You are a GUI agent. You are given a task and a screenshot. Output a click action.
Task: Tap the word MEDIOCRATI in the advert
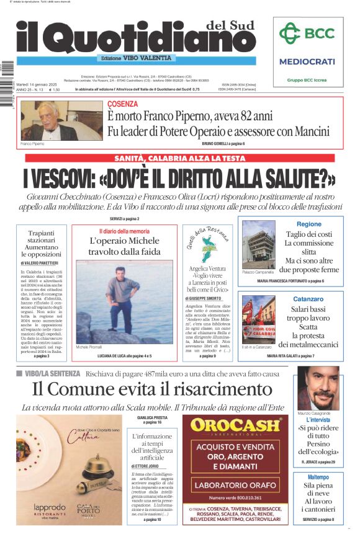click(307, 61)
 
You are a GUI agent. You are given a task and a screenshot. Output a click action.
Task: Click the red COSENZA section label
click(122, 104)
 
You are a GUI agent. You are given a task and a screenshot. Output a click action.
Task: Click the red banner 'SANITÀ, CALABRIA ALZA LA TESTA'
click(179, 158)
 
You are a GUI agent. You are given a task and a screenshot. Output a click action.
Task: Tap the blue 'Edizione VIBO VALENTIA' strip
click(135, 58)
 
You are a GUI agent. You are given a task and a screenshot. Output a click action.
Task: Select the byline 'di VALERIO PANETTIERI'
click(42, 264)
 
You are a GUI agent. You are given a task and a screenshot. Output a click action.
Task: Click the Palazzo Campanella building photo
click(258, 244)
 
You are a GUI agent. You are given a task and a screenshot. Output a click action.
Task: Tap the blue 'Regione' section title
click(309, 224)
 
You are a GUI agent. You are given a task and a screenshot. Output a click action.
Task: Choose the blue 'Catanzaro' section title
click(308, 299)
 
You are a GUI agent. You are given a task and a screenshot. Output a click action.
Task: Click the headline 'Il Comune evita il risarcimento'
click(152, 389)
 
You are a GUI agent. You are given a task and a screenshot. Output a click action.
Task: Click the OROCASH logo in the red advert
click(235, 425)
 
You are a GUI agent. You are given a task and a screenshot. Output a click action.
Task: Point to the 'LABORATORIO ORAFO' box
click(235, 485)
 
